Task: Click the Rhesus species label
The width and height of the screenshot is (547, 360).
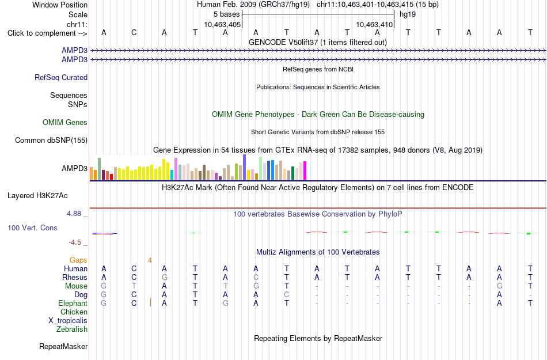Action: click(75, 277)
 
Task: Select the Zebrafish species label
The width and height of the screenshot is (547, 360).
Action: click(72, 329)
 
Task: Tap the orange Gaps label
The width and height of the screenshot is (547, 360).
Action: click(78, 260)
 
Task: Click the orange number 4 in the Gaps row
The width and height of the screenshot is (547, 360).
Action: click(150, 260)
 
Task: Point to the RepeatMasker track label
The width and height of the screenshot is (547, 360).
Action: click(63, 346)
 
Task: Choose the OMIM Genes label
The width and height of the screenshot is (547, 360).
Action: click(65, 123)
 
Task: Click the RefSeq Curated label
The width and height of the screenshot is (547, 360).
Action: click(61, 77)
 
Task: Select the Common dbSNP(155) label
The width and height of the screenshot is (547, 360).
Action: click(51, 140)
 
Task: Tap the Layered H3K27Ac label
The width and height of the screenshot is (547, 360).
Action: click(37, 196)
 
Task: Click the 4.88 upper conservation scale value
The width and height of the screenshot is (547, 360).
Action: click(74, 214)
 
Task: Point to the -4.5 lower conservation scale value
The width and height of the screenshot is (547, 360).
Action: click(75, 242)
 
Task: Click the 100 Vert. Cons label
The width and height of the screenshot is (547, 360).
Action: click(32, 228)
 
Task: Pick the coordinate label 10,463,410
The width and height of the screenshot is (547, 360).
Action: click(374, 24)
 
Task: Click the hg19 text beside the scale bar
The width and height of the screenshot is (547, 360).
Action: click(408, 14)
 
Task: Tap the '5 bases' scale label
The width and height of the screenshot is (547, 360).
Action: click(227, 14)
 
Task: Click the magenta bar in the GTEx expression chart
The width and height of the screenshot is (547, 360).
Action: click(305, 170)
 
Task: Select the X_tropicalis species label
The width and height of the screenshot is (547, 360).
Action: click(68, 321)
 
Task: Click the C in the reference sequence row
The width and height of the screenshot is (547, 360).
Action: click(134, 32)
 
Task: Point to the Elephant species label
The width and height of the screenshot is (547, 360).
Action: click(73, 303)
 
